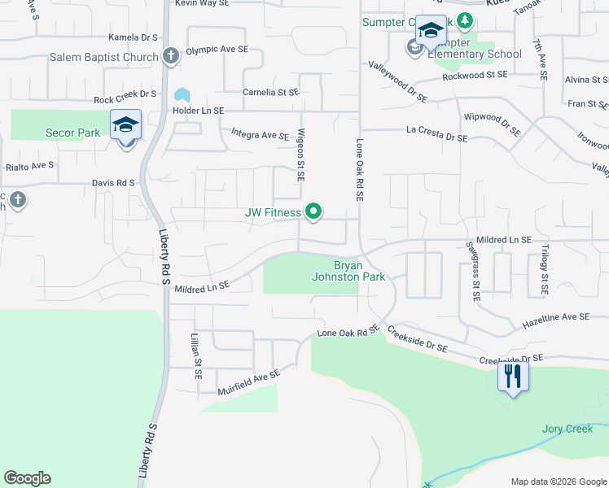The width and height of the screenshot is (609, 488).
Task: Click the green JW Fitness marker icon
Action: pyautogui.click(x=314, y=213)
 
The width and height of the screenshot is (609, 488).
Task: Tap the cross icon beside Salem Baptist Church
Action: pyautogui.click(x=170, y=57)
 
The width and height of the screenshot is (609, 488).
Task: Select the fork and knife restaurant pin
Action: pyautogui.click(x=513, y=377)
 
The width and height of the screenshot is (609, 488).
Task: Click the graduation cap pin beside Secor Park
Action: pyautogui.click(x=126, y=126)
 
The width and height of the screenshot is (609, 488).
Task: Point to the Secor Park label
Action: pyautogui.click(x=72, y=133)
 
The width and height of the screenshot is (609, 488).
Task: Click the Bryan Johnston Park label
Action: pyautogui.click(x=349, y=271)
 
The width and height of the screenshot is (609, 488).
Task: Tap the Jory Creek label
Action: pyautogui.click(x=567, y=429)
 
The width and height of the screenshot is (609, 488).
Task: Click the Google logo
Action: pyautogui.click(x=27, y=478)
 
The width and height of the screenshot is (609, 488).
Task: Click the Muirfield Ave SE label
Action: pyautogui.click(x=248, y=381)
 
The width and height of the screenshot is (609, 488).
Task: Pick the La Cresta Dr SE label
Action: pyautogui.click(x=437, y=134)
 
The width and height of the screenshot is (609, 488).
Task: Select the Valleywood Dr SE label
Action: pyautogui.click(x=397, y=82)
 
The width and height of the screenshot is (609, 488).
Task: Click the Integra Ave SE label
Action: pyautogui.click(x=260, y=133)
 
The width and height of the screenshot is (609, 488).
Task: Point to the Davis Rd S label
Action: pyautogui.click(x=113, y=183)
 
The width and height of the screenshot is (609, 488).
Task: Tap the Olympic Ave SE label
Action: pyautogui.click(x=217, y=50)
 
